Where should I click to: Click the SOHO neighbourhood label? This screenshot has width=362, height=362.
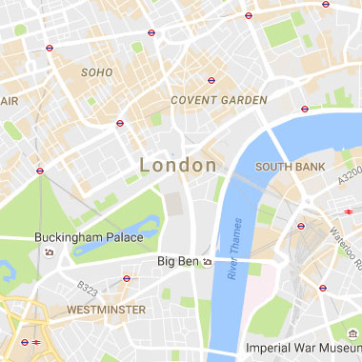[96, 71]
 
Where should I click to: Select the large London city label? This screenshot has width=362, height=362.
[178, 165]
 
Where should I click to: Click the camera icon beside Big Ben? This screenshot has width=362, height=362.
[207, 260]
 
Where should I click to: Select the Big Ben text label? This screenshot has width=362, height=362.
[177, 260]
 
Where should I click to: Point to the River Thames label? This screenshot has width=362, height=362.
[235, 251]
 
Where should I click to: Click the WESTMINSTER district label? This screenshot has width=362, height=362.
[107, 310]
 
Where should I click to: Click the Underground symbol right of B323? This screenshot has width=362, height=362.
[127, 278]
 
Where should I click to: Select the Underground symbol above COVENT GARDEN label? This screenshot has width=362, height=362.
[211, 80]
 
